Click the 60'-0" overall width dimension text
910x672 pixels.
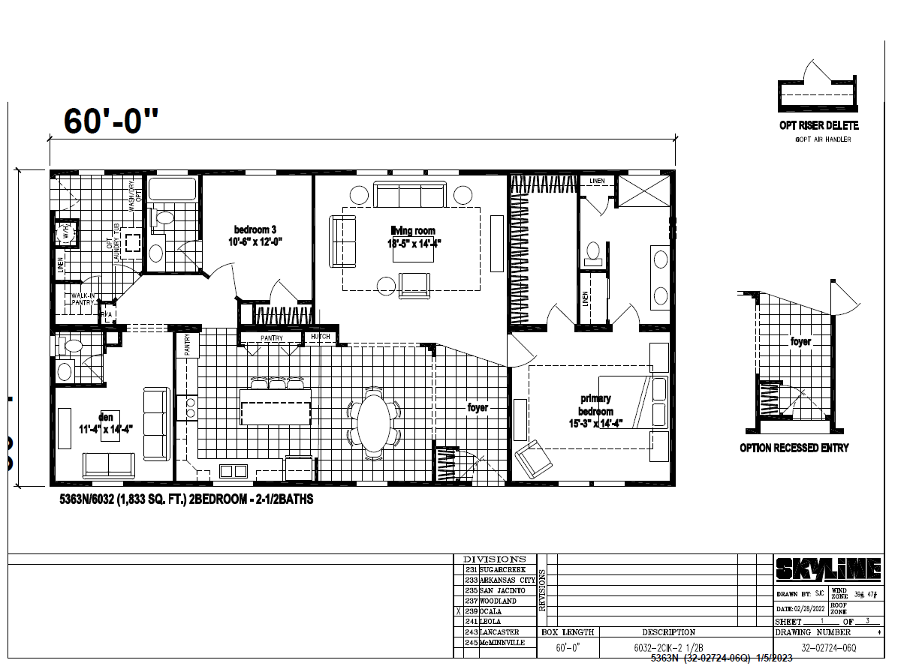[112, 120]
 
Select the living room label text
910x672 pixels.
[412, 236]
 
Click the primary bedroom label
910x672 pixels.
[595, 411]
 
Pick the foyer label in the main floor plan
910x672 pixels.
[478, 407]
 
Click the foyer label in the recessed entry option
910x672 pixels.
[800, 341]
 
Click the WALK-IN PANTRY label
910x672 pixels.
[82, 299]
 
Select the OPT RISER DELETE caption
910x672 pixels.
[818, 125]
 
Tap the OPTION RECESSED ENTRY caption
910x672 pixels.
[794, 448]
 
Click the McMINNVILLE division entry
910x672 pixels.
[505, 643]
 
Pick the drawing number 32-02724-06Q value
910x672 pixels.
[828, 646]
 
